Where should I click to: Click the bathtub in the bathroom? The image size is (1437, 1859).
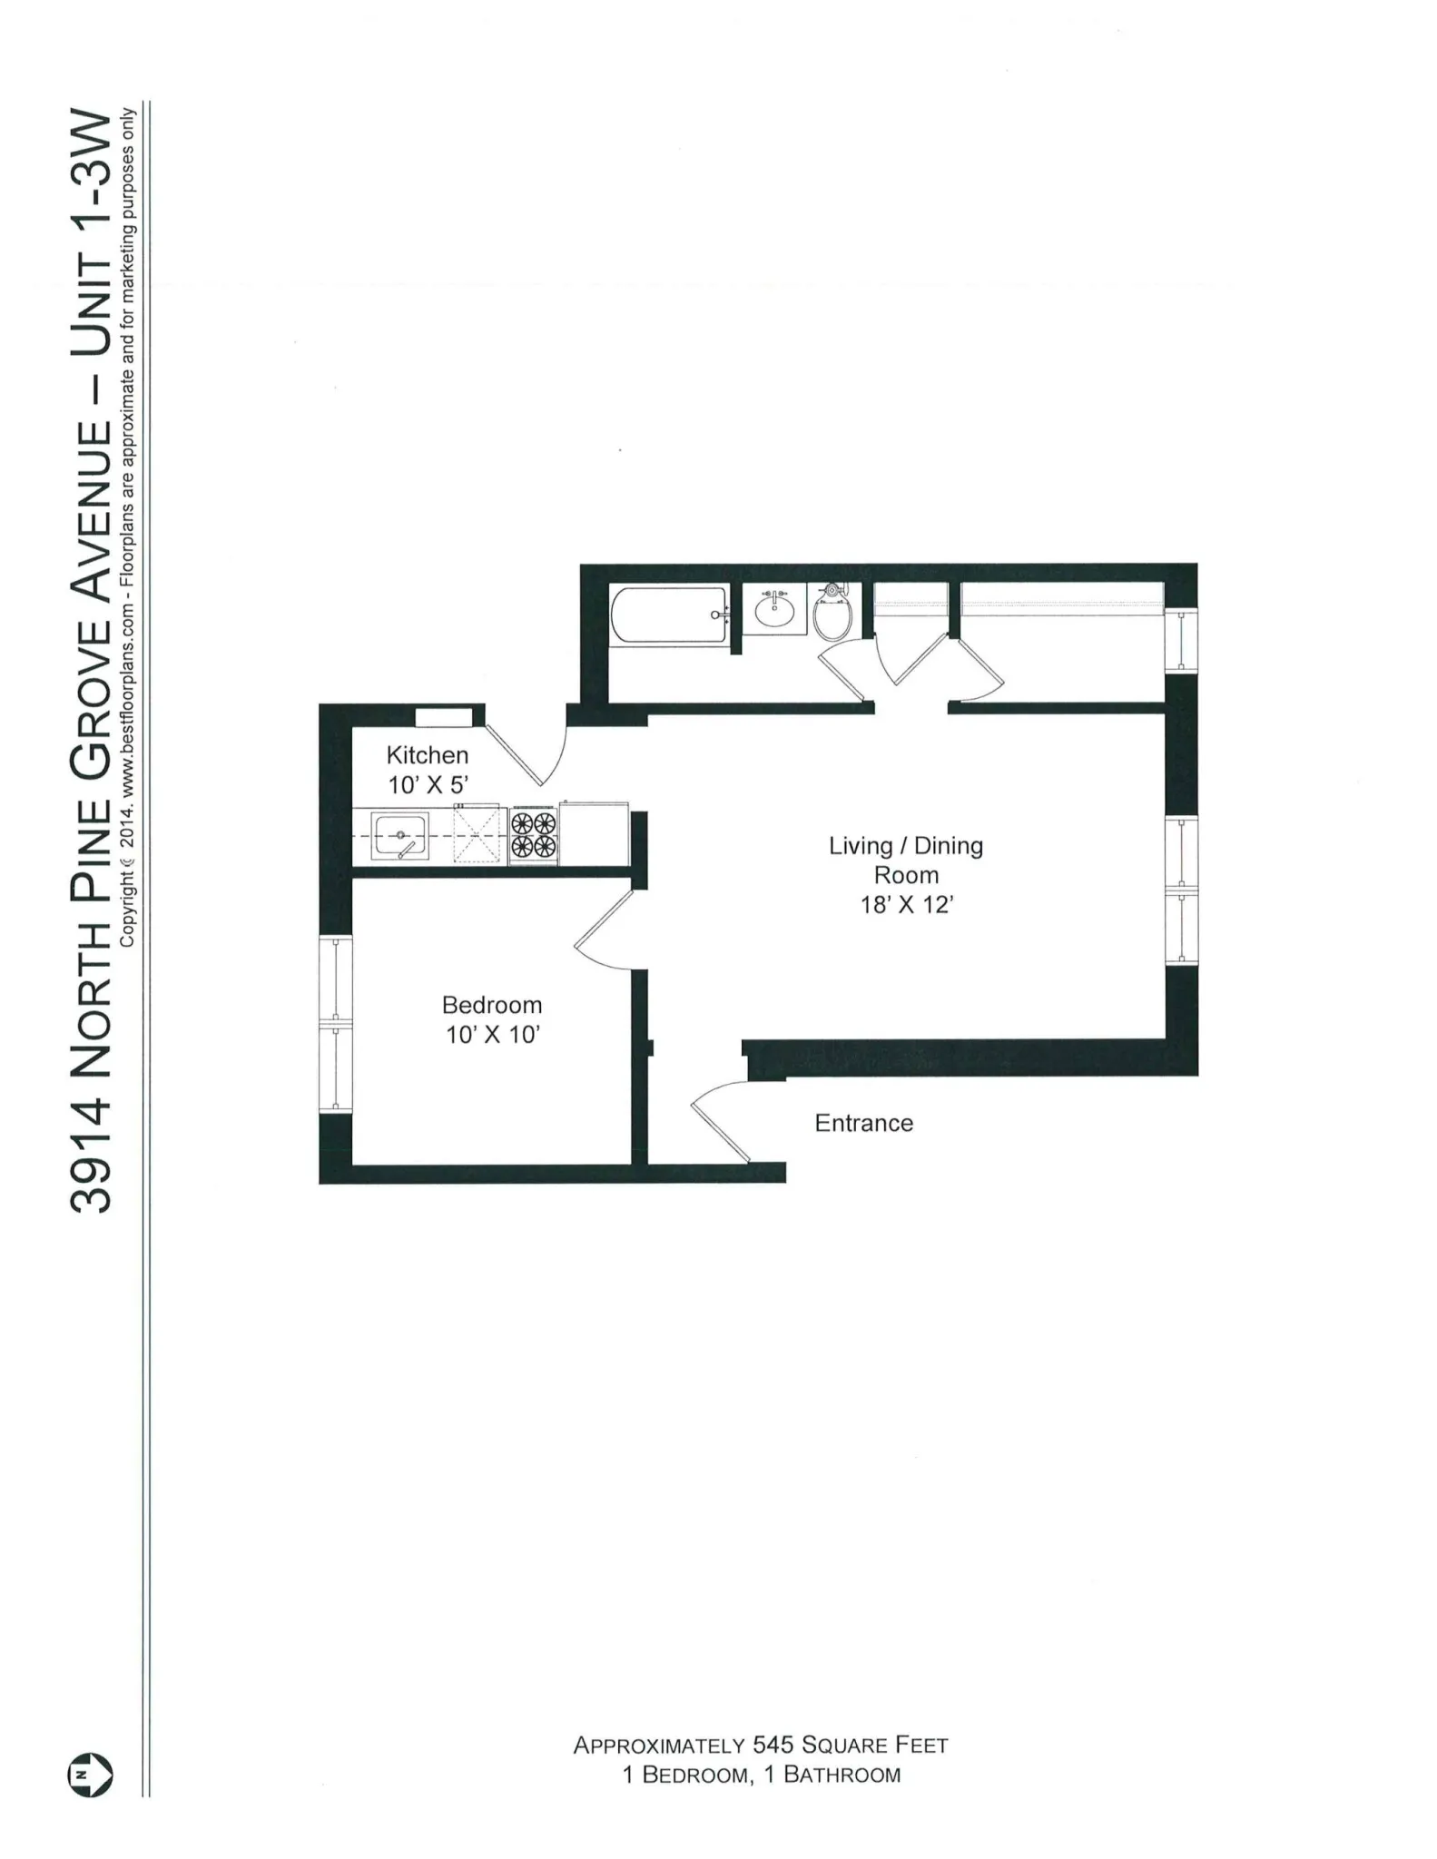click(670, 616)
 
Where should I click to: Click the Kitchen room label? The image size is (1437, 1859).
click(428, 755)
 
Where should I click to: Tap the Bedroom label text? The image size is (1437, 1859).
click(492, 1005)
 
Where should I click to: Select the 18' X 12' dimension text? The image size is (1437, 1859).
click(905, 905)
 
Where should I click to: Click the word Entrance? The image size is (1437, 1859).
click(863, 1123)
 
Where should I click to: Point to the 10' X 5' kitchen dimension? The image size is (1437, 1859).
click(428, 785)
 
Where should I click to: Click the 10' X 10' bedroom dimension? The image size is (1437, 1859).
click(492, 1035)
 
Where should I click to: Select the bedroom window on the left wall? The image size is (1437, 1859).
click(335, 1024)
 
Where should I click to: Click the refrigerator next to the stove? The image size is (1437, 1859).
click(595, 833)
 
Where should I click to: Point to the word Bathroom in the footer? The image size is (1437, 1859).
click(842, 1775)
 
